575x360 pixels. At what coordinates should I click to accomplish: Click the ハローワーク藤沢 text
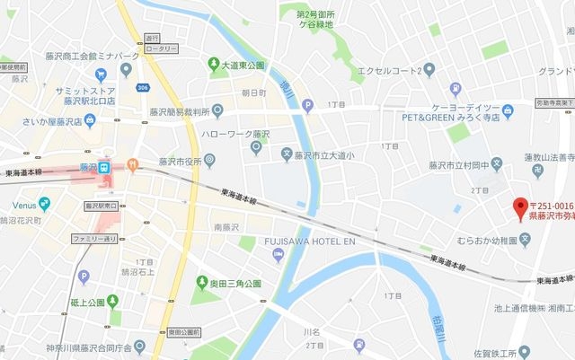tap(236, 134)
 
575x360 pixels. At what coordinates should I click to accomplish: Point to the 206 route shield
tap(143, 87)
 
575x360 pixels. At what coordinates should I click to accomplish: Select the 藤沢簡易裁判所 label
tap(180, 111)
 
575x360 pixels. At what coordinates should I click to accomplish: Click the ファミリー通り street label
tap(95, 240)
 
